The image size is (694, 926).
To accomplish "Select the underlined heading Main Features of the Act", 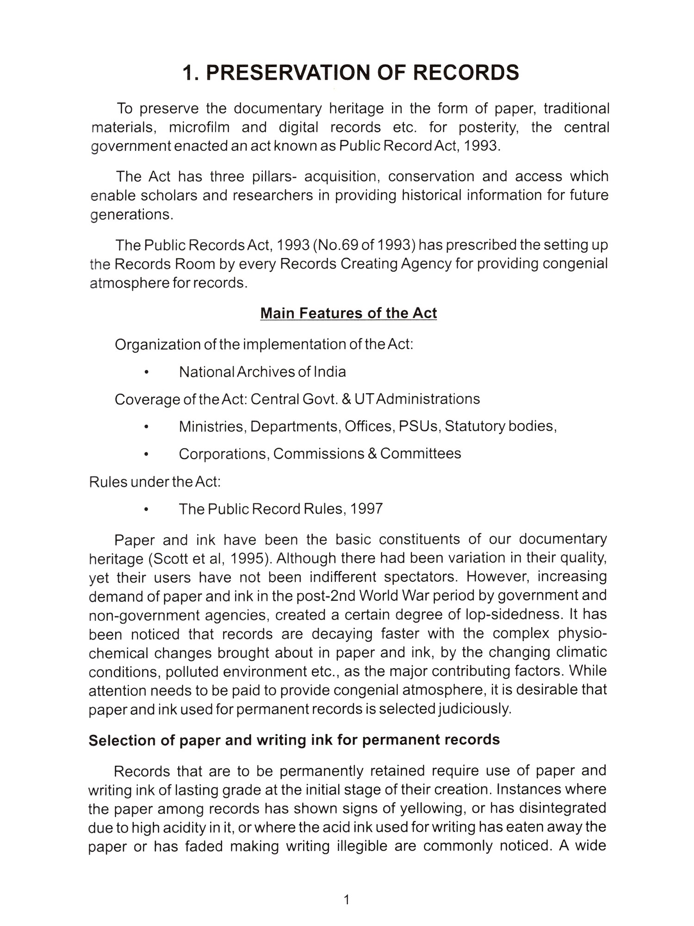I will tap(348, 313).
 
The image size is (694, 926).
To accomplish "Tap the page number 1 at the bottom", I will tap(347, 900).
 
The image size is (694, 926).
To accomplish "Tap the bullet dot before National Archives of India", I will tap(146, 372).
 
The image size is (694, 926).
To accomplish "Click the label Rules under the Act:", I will tap(155, 482).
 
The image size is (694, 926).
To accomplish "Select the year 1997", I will tap(366, 509).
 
